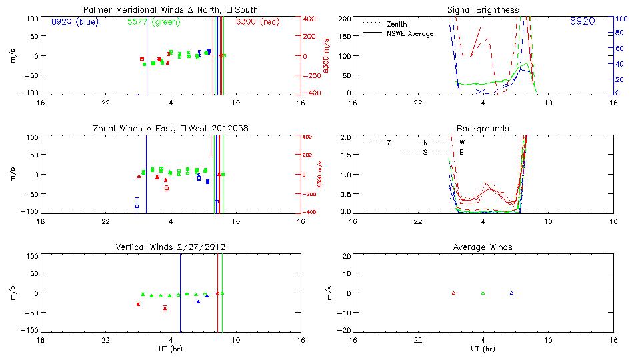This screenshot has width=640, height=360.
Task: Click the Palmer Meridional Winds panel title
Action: coord(171,9)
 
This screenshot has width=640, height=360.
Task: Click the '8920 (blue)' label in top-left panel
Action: coord(74,21)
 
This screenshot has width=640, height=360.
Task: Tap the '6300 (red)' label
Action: coord(258,21)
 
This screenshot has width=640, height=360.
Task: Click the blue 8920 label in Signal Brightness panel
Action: coord(582,21)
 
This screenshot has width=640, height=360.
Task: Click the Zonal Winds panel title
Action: coord(171,128)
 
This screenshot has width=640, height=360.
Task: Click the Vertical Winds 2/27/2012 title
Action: coord(171,247)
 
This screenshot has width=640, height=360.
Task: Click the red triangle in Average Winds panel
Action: coord(453,293)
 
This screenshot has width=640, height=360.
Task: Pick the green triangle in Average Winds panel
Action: coord(483,293)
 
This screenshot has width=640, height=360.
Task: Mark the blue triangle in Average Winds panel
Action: coord(511,293)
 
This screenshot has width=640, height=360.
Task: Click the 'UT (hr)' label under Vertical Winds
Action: coord(171,349)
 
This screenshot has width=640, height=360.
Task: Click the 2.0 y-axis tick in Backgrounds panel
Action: coord(343,137)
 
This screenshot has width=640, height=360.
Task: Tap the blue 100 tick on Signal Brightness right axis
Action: coord(621,19)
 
